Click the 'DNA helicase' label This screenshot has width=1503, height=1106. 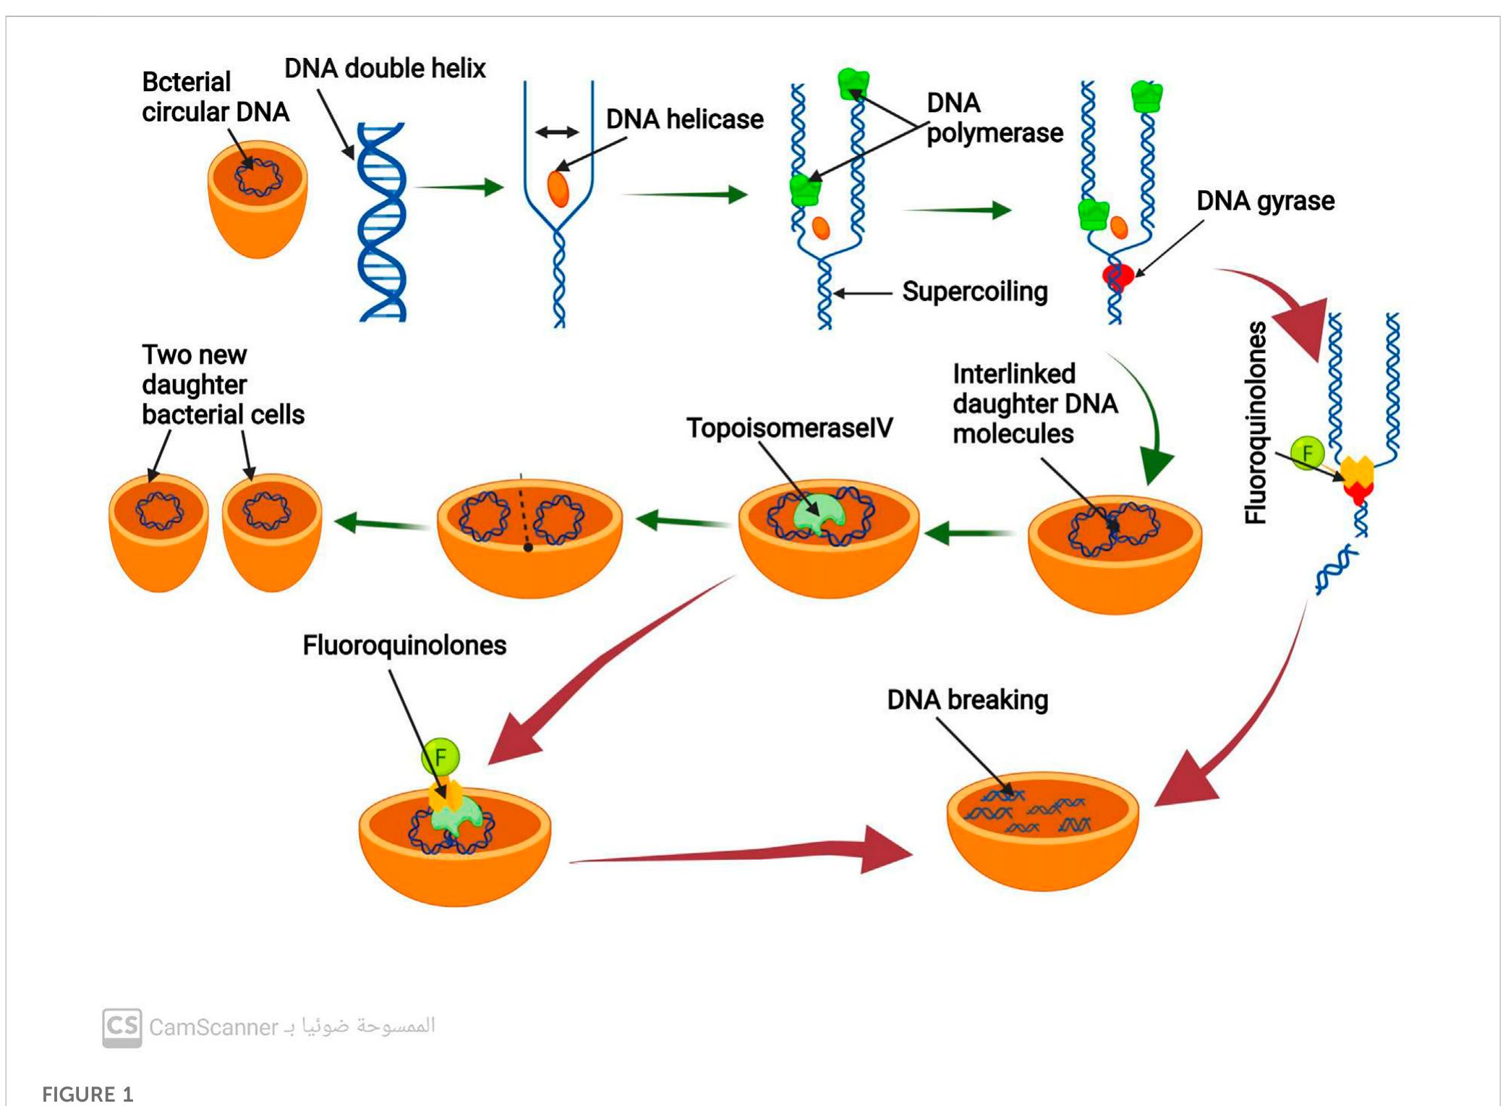pos(684,119)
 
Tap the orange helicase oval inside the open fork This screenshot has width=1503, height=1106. pos(558,189)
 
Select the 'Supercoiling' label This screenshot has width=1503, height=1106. pos(974,292)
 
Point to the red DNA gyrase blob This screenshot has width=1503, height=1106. pos(1117,276)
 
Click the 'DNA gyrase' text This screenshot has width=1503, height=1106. pos(1265,201)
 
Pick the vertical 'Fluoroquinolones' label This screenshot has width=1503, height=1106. pos(1256,422)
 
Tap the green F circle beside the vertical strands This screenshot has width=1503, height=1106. pos(1307,453)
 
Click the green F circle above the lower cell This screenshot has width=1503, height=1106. pos(440,757)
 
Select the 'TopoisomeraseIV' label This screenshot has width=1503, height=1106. pos(789,428)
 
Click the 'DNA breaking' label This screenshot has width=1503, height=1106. pos(967,700)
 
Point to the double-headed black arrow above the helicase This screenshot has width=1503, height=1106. pos(557,132)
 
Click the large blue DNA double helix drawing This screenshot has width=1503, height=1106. pos(382,222)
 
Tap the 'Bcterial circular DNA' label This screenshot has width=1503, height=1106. pos(215,97)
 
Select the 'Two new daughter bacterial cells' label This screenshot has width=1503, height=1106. pos(222,385)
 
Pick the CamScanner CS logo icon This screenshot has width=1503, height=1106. pos(122,1027)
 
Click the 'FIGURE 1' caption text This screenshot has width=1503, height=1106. pos(88,1094)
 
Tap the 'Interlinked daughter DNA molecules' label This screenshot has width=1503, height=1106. pos(1034,404)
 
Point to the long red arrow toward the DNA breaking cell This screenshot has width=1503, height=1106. pos(738,853)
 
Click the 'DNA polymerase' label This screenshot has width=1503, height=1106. pos(994,118)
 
